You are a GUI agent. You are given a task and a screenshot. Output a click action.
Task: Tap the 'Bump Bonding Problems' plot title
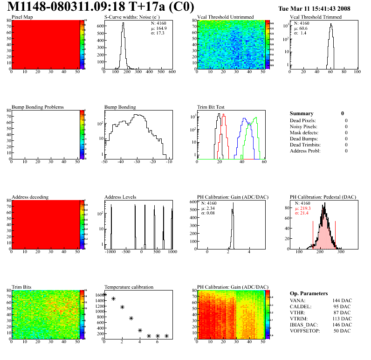tap(37, 107)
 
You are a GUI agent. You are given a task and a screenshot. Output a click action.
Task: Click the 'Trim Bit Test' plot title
tap(212, 107)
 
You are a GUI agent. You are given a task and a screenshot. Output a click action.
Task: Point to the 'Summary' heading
tap(302, 113)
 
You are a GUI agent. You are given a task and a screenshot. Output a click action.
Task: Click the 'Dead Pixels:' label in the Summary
tap(303, 121)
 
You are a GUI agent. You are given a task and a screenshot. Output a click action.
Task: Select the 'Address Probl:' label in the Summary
tap(305, 151)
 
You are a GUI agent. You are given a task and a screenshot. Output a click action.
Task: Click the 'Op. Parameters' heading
tap(309, 293)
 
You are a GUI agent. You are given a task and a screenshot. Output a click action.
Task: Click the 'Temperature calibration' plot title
tap(129, 287)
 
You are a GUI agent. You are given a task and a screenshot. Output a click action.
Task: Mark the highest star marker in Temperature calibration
tap(104, 294)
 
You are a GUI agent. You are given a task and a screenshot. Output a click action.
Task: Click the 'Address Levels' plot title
tap(120, 197)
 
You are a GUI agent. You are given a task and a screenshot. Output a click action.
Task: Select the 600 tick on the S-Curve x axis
tap(172, 72)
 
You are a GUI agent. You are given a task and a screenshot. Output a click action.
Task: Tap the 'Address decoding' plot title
tap(30, 197)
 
